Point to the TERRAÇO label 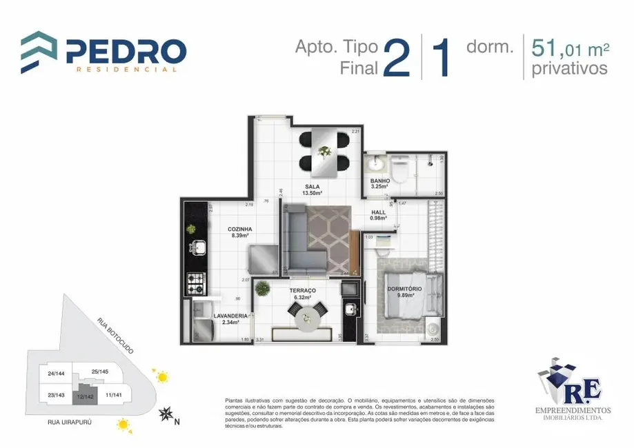(303, 291)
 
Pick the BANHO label (380, 181)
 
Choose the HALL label (379, 212)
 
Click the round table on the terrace (305, 317)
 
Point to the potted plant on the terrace (262, 288)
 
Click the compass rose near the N (166, 414)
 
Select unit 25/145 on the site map (99, 372)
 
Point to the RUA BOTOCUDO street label (115, 336)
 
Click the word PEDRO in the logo (126, 51)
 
